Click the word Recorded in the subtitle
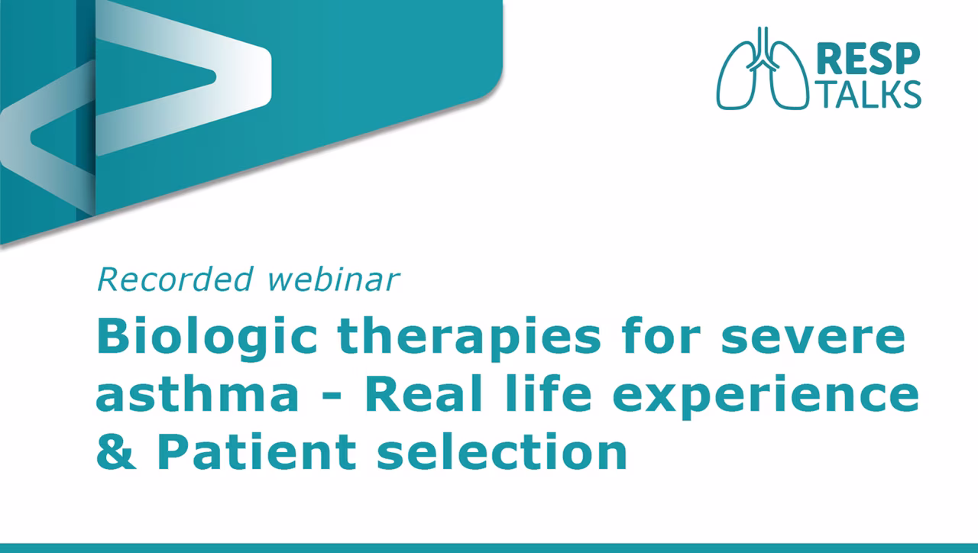[x=175, y=279]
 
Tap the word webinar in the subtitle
[x=334, y=279]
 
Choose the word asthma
[x=197, y=394]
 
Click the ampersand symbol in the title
[x=115, y=451]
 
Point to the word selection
[x=502, y=451]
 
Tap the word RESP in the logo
[x=868, y=60]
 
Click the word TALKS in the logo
[x=870, y=94]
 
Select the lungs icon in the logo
[x=762, y=69]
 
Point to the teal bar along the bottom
[x=489, y=548]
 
